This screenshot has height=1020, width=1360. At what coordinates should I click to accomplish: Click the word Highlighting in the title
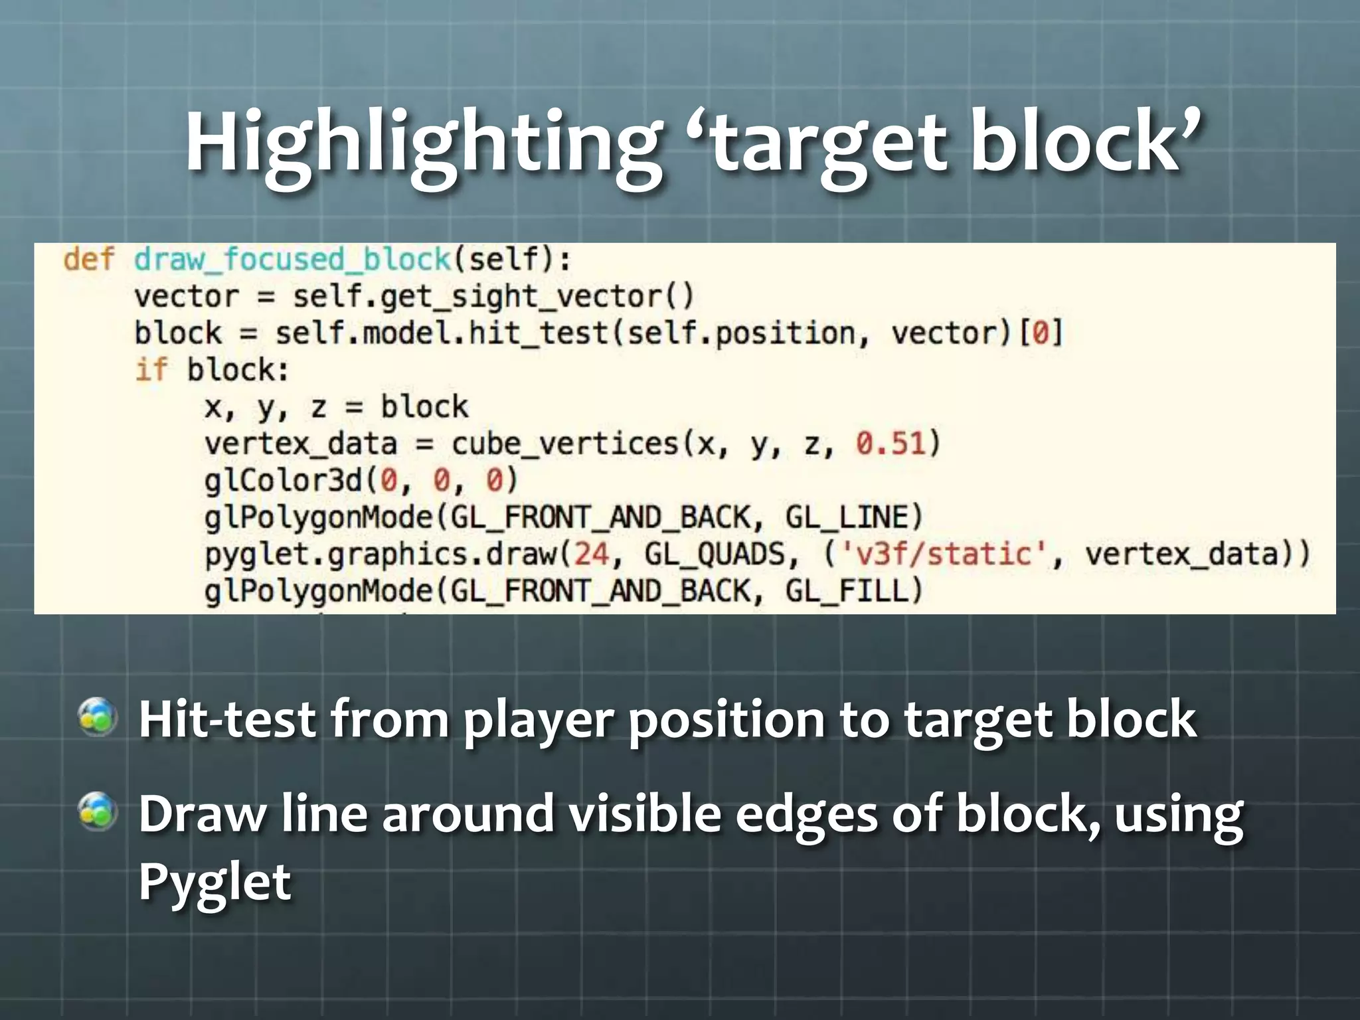point(422,143)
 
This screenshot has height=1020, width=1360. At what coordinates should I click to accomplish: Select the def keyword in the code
point(89,259)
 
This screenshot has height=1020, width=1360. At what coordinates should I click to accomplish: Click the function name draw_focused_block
point(293,259)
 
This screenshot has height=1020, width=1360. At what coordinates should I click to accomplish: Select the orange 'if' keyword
point(151,370)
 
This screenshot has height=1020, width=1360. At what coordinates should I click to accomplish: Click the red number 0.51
point(891,444)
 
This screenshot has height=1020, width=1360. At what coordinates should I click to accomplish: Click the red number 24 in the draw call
point(591,554)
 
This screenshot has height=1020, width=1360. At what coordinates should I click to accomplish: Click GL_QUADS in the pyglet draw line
point(715,554)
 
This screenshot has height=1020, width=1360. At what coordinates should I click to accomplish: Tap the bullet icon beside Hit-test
point(98,717)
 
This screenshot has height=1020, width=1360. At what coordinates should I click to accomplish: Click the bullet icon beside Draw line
point(98,811)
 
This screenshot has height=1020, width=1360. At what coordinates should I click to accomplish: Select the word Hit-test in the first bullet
point(226,719)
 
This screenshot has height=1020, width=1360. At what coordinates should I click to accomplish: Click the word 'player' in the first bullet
point(539,721)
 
